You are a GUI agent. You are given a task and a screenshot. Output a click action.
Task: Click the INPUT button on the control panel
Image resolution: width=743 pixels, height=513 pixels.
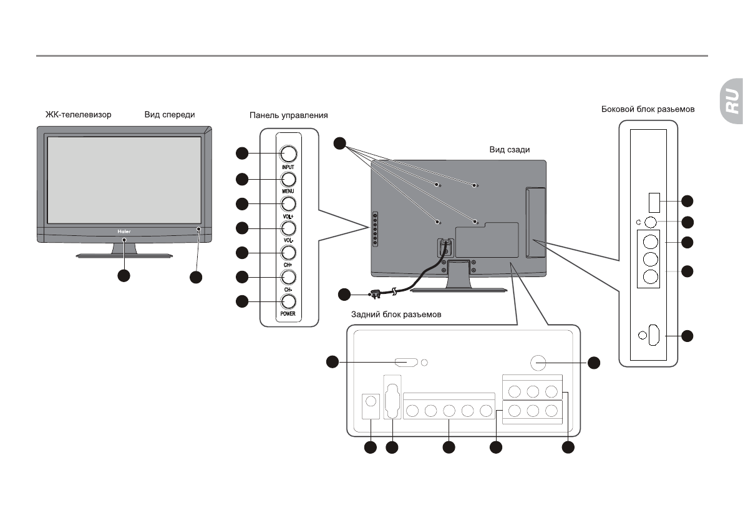[x=288, y=153]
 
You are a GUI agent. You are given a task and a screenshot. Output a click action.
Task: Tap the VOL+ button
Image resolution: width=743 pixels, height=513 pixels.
[x=288, y=203]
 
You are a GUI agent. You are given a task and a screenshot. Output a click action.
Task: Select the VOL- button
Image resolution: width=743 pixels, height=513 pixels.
[x=288, y=228]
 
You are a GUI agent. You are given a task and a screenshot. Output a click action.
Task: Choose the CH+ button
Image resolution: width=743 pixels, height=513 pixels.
[x=288, y=253]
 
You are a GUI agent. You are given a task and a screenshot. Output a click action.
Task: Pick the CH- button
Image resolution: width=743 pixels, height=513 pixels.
[x=288, y=276]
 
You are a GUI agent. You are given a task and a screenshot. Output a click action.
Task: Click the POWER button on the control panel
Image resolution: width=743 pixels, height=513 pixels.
[x=288, y=301]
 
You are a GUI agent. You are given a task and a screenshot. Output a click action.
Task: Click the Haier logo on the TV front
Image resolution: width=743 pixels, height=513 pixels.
[x=123, y=230]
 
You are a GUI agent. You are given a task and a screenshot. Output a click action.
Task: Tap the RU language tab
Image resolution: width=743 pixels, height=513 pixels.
[x=731, y=100]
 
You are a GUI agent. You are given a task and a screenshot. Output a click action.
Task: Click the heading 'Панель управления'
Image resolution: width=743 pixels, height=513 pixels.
[x=288, y=115]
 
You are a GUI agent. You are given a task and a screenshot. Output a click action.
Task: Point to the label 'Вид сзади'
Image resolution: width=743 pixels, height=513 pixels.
[x=509, y=150]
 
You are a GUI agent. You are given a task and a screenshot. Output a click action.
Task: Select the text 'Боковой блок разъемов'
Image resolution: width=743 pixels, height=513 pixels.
[x=648, y=109]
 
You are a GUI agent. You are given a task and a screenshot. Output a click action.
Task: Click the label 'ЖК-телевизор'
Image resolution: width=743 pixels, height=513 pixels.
[x=78, y=115]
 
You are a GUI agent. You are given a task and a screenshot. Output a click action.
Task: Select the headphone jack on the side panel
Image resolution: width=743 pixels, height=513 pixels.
[x=651, y=221]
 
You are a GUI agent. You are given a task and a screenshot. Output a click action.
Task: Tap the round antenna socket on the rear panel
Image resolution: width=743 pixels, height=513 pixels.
[x=538, y=363]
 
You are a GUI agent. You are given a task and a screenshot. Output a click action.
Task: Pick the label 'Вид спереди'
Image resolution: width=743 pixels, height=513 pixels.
[x=170, y=115]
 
